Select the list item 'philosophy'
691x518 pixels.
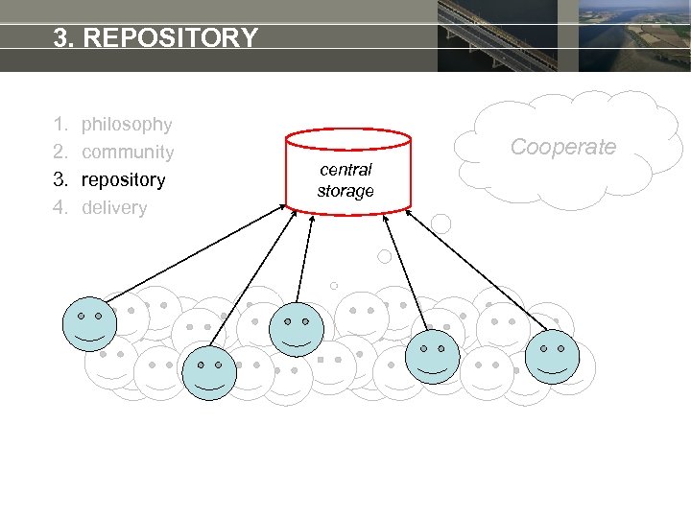[x=127, y=124]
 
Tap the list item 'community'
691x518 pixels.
[x=128, y=152]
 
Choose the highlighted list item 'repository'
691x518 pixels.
[x=123, y=179]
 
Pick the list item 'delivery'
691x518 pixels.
[x=114, y=207]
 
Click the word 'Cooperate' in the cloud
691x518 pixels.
[x=562, y=147]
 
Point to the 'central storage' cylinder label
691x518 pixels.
[x=345, y=180]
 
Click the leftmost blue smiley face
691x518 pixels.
[x=89, y=323]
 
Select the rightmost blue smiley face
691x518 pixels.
[x=553, y=355]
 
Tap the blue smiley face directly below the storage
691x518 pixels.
[x=297, y=329]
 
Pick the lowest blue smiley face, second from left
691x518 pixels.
[x=208, y=373]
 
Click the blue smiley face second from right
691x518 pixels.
[x=432, y=356]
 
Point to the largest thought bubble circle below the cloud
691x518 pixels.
[x=441, y=224]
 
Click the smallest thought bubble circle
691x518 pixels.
[x=334, y=285]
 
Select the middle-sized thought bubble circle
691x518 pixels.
[x=384, y=256]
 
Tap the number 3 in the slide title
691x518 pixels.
[x=61, y=38]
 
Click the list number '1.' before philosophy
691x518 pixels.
[x=60, y=124]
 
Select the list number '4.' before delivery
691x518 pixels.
[x=60, y=207]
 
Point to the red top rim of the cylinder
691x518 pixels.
[x=348, y=136]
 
